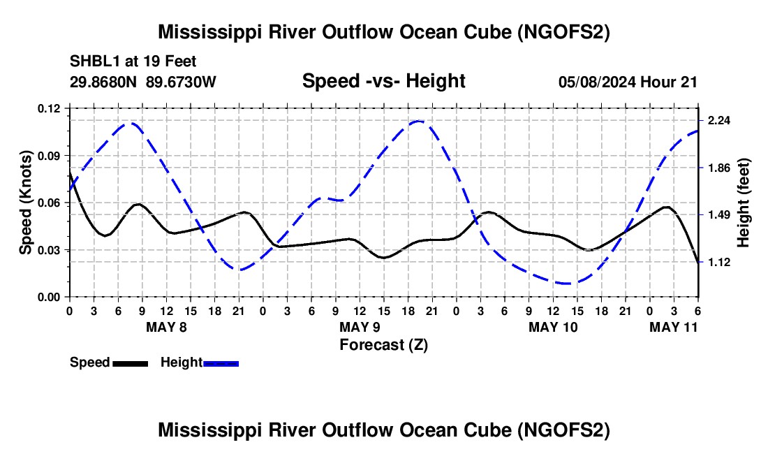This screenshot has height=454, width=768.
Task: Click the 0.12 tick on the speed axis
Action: [x=49, y=108]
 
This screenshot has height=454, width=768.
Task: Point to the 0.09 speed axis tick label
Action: [x=49, y=155]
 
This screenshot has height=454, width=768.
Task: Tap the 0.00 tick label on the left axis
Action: [x=49, y=298]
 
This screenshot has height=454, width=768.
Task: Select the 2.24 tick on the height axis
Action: [x=718, y=120]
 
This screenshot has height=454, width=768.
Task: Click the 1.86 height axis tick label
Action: [x=718, y=168]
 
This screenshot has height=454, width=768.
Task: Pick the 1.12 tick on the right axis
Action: [x=718, y=262]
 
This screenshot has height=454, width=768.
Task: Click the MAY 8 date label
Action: [x=166, y=327]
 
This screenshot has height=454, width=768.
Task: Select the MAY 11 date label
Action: [x=673, y=327]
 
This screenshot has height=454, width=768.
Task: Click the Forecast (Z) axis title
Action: [x=383, y=344]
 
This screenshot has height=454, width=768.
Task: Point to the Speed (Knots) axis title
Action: [x=26, y=203]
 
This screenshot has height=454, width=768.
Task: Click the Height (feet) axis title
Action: [x=743, y=203]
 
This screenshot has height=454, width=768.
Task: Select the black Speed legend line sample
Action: [x=130, y=363]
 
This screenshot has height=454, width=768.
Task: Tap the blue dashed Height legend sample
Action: [x=221, y=363]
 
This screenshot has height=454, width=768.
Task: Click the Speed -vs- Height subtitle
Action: [x=383, y=81]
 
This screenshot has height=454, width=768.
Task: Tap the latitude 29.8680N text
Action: [x=105, y=82]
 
